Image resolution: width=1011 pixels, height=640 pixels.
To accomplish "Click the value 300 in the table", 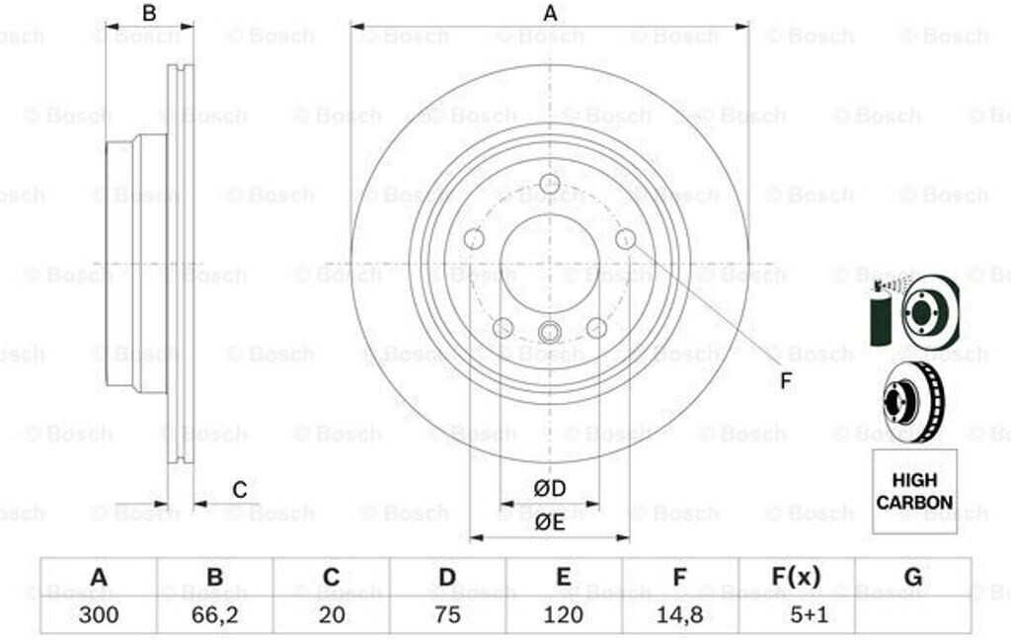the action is (x=99, y=614).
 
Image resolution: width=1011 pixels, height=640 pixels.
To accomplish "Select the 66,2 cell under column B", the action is (x=214, y=614).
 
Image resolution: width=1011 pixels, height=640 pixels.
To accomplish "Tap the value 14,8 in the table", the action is (x=679, y=614).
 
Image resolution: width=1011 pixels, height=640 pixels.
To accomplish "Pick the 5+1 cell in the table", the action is (x=797, y=614).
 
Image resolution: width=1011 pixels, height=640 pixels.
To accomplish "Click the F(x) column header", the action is (x=797, y=576).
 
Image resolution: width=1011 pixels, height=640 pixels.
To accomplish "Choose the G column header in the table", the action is (x=913, y=576).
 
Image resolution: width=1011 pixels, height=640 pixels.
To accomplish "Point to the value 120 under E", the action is (x=563, y=614).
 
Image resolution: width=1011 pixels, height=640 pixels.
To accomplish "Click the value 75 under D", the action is (x=447, y=614).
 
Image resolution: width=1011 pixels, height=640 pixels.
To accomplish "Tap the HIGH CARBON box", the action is (x=914, y=492).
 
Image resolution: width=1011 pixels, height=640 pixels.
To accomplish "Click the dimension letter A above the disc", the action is (x=550, y=13).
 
